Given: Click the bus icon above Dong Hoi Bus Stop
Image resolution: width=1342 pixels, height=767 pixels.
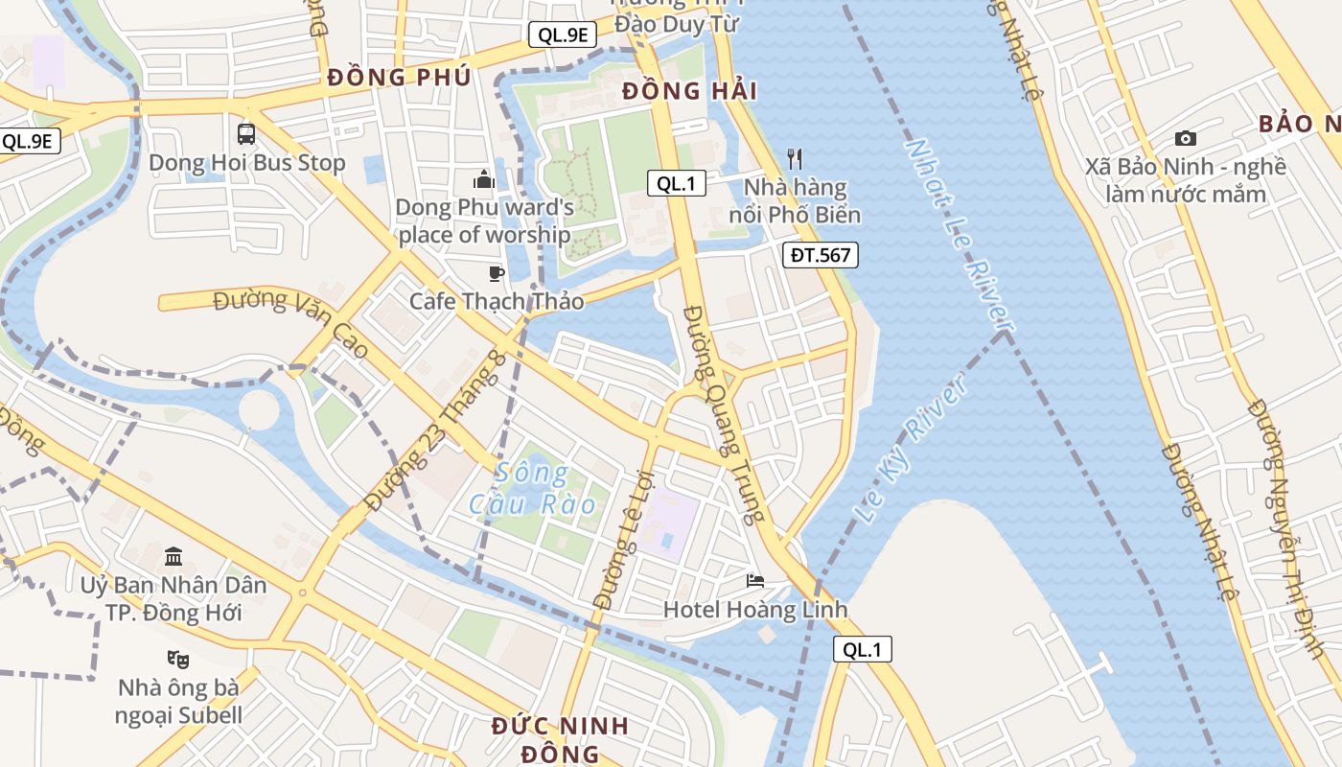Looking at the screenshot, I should click(246, 133).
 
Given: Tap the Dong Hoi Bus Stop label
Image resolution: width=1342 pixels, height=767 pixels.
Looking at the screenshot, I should click(246, 163).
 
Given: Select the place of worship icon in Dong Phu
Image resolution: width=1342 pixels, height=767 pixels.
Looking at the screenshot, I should click(484, 179).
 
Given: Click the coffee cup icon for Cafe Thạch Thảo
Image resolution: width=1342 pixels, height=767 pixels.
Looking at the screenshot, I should click(496, 274).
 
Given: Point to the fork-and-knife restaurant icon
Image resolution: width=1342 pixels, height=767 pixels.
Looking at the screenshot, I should click(794, 158).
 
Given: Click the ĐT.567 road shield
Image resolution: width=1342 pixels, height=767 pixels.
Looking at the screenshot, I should click(821, 255).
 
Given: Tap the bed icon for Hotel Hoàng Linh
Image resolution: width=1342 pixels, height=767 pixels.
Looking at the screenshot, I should click(755, 581).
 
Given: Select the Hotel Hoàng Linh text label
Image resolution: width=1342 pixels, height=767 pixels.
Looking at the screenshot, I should click(755, 610).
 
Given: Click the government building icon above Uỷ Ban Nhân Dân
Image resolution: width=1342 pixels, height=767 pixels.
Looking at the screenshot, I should click(174, 556).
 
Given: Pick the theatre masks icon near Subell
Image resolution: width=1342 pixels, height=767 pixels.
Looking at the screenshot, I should click(177, 659).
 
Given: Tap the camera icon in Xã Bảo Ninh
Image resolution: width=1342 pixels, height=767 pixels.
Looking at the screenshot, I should click(1185, 139).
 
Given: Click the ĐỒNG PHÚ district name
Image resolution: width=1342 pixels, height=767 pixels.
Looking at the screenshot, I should click(399, 78).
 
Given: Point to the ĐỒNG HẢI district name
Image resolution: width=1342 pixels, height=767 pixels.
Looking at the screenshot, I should click(689, 92).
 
